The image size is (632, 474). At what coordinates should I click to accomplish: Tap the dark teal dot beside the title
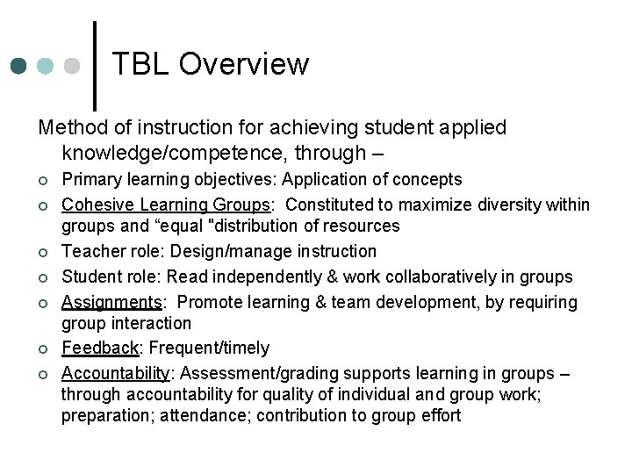pyautogui.click(x=19, y=66)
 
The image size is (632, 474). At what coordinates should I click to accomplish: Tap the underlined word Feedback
pyautogui.click(x=98, y=348)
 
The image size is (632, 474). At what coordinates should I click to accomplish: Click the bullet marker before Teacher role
pyautogui.click(x=41, y=253)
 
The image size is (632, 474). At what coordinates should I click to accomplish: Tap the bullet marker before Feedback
pyautogui.click(x=41, y=349)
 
